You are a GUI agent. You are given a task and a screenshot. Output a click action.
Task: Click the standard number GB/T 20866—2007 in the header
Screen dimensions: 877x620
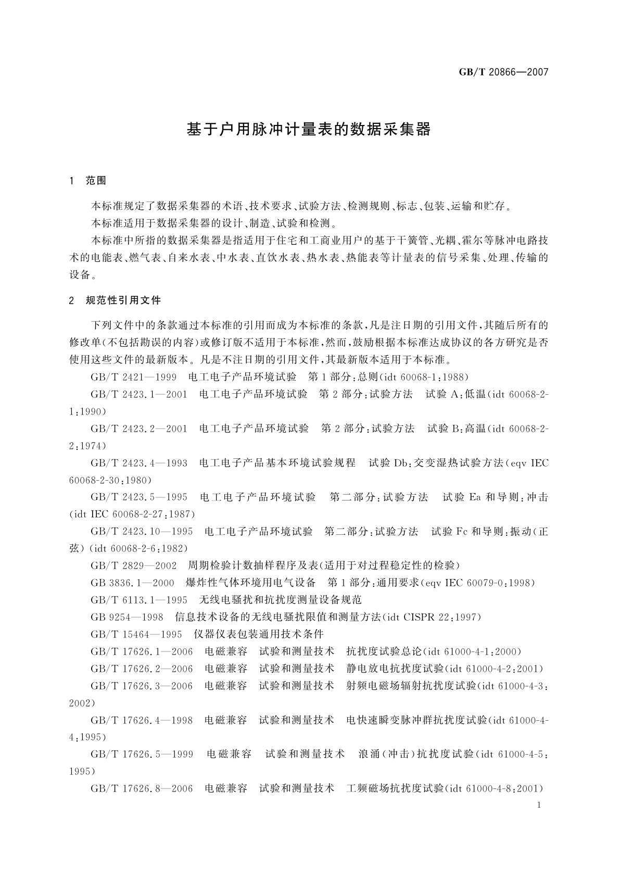click(503, 72)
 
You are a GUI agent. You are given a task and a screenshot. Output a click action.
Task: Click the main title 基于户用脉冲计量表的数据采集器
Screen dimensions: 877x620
click(309, 130)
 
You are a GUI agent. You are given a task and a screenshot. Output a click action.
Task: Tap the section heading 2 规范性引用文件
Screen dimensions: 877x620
click(115, 300)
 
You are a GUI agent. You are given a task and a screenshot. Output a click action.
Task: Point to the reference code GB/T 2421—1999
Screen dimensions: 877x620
click(133, 377)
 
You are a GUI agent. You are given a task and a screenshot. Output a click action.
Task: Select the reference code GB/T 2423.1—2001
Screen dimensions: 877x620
click(138, 394)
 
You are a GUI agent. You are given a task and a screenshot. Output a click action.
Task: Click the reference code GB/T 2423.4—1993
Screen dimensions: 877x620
click(138, 463)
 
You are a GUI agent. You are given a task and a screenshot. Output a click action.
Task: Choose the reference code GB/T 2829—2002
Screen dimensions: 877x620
click(133, 566)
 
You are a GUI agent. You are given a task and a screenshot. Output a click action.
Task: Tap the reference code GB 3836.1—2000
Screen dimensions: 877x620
click(132, 583)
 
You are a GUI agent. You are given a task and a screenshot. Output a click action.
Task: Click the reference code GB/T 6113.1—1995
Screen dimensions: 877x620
click(138, 600)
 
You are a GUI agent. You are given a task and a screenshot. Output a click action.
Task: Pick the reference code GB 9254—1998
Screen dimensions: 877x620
click(127, 617)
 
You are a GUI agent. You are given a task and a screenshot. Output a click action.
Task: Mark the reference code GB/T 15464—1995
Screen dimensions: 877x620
click(136, 634)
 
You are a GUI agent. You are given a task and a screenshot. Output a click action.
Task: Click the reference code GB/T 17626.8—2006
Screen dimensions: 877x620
click(141, 788)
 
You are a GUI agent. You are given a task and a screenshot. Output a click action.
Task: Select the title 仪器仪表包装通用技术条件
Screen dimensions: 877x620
click(259, 634)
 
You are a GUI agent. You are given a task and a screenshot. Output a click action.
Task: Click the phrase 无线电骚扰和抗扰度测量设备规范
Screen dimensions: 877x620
click(281, 600)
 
